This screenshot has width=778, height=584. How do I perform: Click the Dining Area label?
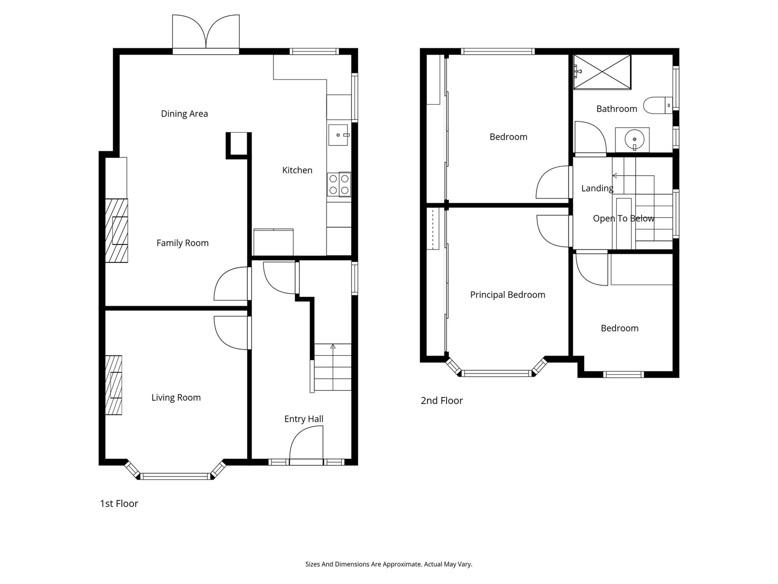click(184, 114)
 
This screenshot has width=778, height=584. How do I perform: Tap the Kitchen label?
click(297, 170)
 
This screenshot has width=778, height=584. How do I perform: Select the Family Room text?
click(182, 243)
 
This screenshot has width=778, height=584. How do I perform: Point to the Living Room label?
click(176, 398)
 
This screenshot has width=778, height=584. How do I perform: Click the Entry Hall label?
click(304, 419)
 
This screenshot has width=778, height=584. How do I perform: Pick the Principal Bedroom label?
click(508, 295)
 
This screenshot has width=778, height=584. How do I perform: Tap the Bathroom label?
click(617, 109)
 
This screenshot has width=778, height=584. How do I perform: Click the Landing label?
click(597, 188)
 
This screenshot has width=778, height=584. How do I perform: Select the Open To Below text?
click(624, 218)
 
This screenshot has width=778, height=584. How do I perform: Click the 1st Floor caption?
click(119, 503)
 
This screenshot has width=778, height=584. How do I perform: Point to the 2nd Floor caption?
click(442, 401)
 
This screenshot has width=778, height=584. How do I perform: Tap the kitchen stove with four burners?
click(339, 185)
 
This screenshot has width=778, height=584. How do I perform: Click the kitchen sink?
click(338, 135)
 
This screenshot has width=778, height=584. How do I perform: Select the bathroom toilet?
click(657, 105)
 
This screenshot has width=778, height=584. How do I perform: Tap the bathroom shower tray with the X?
click(602, 72)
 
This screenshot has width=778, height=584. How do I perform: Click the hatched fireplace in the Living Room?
click(113, 385)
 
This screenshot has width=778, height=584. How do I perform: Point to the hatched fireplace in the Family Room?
click(116, 230)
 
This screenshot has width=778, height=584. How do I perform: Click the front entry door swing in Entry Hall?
click(306, 443)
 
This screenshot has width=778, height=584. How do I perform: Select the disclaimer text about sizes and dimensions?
click(389, 564)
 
